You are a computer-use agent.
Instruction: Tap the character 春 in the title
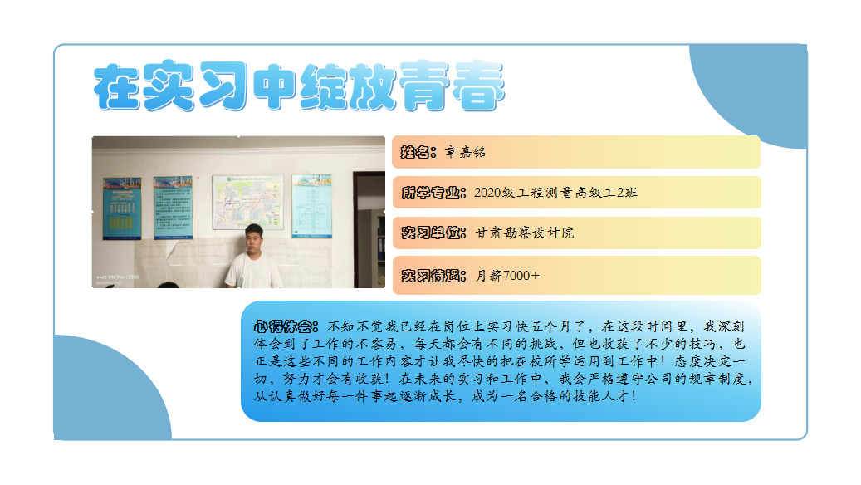point(477,86)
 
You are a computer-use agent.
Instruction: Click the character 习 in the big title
point(223,86)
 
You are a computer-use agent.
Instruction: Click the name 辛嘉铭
point(465,152)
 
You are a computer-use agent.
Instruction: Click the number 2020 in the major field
point(487,193)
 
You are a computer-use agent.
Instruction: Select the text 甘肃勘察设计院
point(525,233)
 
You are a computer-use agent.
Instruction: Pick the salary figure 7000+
point(521,276)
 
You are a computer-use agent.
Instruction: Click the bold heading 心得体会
point(285,327)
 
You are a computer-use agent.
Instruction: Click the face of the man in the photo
point(254,240)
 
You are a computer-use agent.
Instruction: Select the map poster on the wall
point(248,202)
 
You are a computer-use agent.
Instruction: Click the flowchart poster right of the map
point(312,207)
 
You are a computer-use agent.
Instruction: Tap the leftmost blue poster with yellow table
point(122,208)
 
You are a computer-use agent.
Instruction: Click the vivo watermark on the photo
point(118,277)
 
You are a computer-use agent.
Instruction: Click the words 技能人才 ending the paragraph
point(601,396)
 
